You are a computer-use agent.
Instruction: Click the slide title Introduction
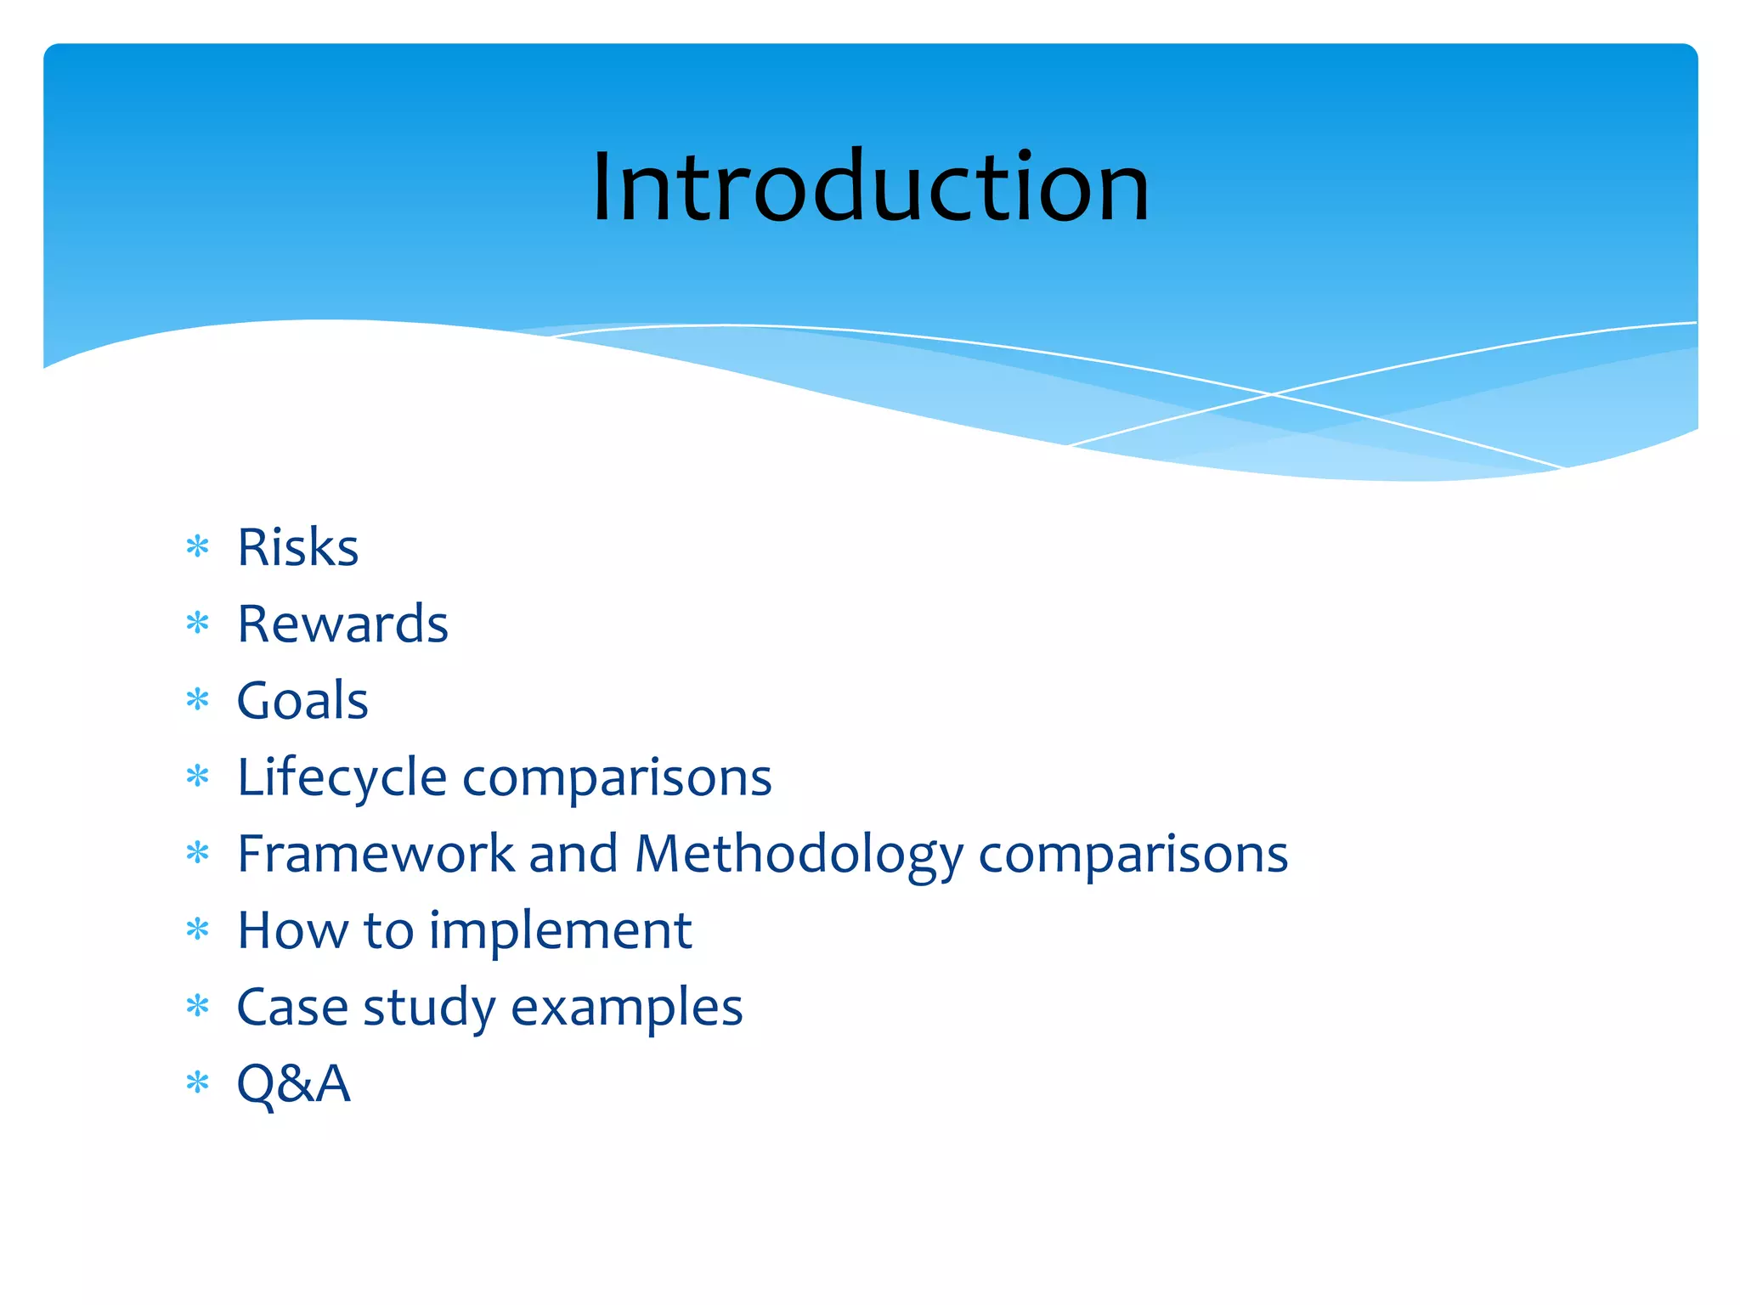(x=870, y=187)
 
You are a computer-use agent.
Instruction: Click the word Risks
(x=297, y=547)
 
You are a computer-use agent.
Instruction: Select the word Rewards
(x=342, y=624)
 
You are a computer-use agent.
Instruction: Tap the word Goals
(x=302, y=701)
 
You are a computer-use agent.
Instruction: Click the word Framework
(x=376, y=854)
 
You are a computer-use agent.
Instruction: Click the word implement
(x=560, y=931)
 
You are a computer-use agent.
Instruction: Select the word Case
(x=292, y=1008)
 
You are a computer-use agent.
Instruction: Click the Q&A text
(x=293, y=1084)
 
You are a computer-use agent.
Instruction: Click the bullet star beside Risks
(x=198, y=547)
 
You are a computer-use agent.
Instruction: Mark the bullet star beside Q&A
(x=198, y=1083)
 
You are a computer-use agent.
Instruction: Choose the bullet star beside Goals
(x=198, y=700)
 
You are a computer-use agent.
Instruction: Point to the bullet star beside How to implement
(x=198, y=929)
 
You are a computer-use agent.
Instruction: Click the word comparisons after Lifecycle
(x=617, y=778)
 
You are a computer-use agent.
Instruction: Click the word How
(x=292, y=930)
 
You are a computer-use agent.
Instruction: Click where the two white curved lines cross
(x=1272, y=394)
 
